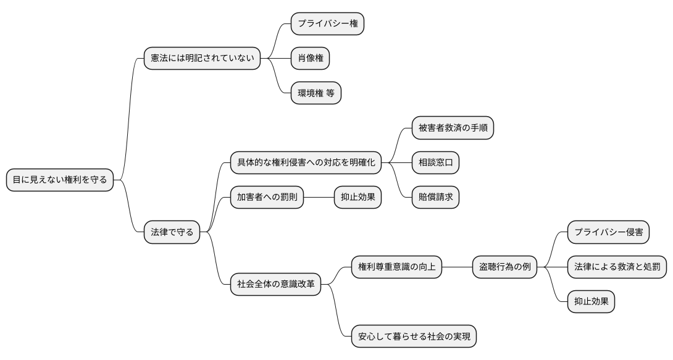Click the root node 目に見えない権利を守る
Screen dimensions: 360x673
point(60,180)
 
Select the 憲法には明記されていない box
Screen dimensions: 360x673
point(202,59)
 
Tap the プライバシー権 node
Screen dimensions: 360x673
point(327,23)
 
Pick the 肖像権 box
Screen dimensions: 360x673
point(310,59)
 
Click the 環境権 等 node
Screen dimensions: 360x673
point(316,93)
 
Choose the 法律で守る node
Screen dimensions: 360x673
point(172,232)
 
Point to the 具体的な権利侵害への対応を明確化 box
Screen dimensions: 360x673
point(306,162)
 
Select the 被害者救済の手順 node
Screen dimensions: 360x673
point(453,128)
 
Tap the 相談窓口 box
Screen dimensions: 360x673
point(435,162)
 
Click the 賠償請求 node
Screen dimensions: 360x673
point(435,197)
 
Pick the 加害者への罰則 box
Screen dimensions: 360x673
point(267,197)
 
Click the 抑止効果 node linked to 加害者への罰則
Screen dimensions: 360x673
point(357,197)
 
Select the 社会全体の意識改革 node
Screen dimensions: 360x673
point(275,285)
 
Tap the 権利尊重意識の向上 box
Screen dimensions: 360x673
point(396,267)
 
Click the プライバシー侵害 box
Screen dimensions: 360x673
point(608,232)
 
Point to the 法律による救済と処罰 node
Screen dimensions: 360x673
point(617,267)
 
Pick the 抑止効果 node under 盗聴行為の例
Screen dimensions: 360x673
point(591,301)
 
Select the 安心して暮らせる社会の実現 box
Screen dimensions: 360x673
point(414,337)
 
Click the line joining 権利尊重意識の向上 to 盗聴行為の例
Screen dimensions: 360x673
point(457,267)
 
